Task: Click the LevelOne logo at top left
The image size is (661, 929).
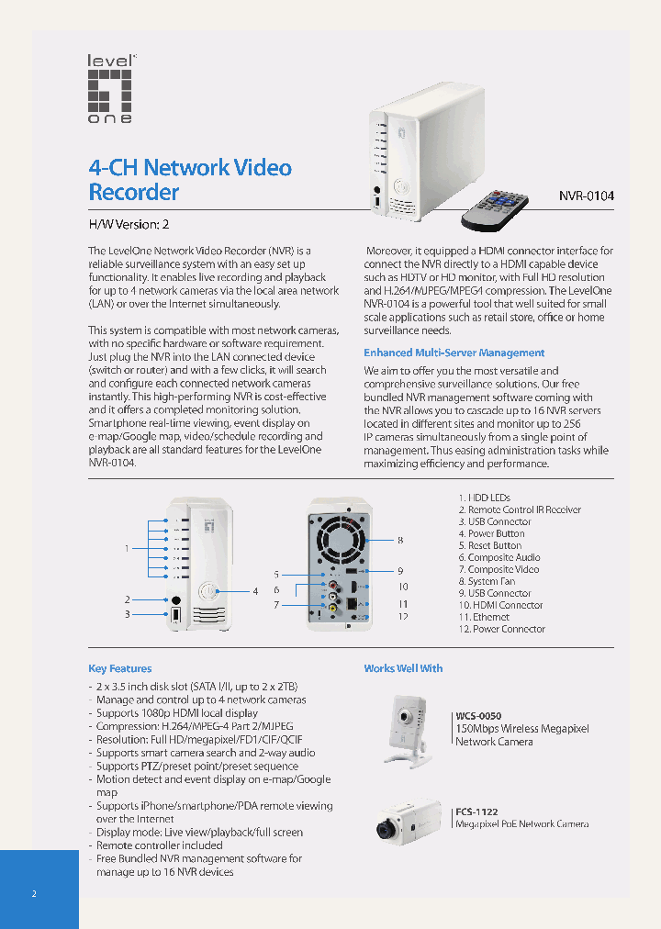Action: click(110, 88)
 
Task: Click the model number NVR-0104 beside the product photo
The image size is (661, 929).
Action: click(587, 196)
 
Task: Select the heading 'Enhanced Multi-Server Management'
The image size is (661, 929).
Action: click(454, 353)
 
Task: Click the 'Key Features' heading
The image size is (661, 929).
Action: click(120, 668)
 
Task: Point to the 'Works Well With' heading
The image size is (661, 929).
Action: click(403, 668)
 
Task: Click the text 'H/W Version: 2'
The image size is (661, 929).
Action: click(129, 224)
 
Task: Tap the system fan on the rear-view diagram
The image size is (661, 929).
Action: click(343, 536)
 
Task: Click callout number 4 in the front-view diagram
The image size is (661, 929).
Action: click(255, 590)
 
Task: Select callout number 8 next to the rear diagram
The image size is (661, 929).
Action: click(400, 540)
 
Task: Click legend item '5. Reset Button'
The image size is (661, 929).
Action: click(495, 545)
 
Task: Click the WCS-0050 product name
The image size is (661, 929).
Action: click(479, 716)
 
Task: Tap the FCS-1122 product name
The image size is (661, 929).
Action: click(477, 811)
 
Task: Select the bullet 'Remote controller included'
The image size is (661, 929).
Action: click(160, 845)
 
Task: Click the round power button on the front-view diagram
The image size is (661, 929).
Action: click(209, 592)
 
